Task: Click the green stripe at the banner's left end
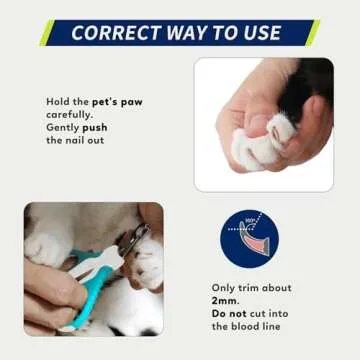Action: (x=45, y=33)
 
